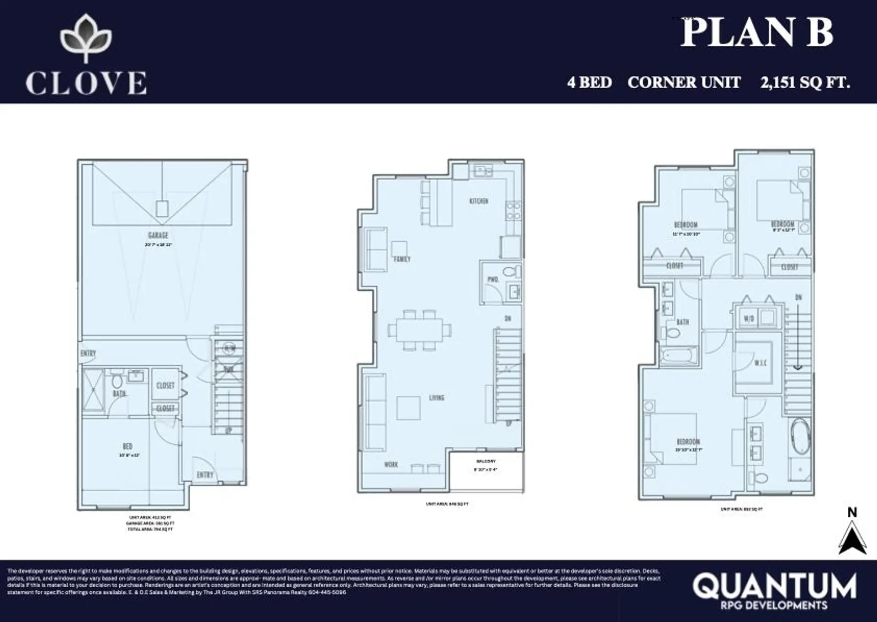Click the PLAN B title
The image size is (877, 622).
click(x=757, y=33)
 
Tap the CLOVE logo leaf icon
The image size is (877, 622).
click(x=86, y=38)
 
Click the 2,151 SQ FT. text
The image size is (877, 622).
click(x=805, y=83)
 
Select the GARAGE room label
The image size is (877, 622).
click(x=158, y=235)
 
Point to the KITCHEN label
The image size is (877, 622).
click(x=479, y=201)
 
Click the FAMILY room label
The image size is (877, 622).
click(x=402, y=259)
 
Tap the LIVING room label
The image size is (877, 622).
click(x=437, y=398)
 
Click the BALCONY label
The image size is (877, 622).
click(x=486, y=462)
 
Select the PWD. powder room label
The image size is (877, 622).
click(x=493, y=279)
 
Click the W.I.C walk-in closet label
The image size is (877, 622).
click(x=760, y=363)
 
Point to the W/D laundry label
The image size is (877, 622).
click(x=749, y=319)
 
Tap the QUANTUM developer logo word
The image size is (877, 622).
click(x=774, y=585)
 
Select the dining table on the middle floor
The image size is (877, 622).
click(x=419, y=330)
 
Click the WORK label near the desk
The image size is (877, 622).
click(x=391, y=465)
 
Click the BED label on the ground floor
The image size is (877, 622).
click(x=127, y=446)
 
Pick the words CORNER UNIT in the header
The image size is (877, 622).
click(x=684, y=83)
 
